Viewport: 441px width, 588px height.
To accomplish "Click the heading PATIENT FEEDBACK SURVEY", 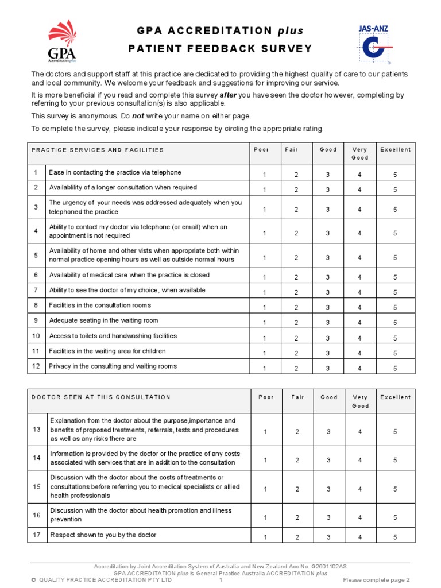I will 220,49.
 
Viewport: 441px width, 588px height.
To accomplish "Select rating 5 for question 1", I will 395,175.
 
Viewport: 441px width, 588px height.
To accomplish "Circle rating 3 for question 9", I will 328,323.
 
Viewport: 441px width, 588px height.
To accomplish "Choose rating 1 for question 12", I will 265,368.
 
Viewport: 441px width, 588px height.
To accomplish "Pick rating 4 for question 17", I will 360,537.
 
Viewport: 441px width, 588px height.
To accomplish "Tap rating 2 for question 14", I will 297,460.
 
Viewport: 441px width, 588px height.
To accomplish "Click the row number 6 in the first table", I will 36,276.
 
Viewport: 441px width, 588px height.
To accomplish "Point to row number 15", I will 37,487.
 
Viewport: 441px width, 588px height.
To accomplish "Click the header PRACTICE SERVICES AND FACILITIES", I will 98,150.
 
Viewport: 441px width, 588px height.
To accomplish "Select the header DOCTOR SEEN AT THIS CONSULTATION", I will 101,397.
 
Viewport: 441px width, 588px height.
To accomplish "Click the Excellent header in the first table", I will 395,150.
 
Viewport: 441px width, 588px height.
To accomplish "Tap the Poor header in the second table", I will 266,397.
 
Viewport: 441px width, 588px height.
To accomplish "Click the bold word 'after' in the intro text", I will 228,95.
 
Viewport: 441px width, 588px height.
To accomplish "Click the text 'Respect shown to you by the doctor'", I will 103,535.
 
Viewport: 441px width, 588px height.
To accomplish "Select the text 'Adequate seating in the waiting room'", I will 103,320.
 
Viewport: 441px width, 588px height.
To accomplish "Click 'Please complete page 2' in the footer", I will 376,580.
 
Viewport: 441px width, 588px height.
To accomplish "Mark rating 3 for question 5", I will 328,258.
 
